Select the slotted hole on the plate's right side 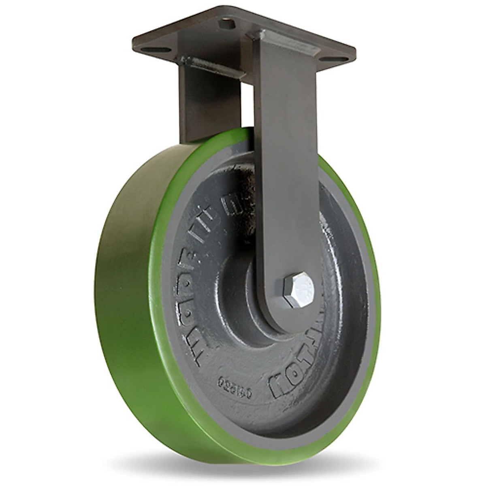pyautogui.click(x=341, y=60)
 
